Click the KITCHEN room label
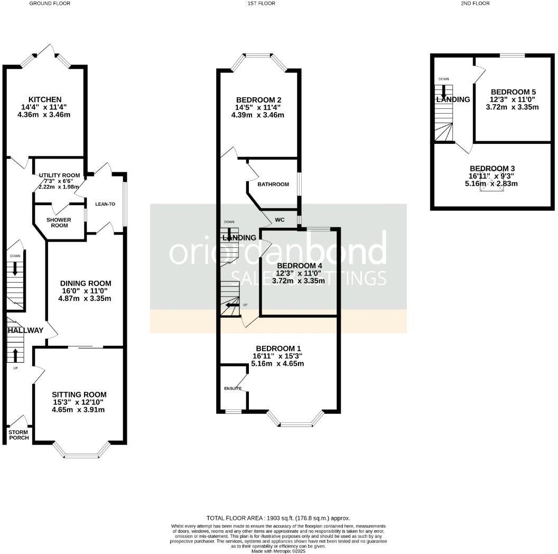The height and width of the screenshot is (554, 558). pos(45,99)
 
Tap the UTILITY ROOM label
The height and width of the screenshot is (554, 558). pos(59,176)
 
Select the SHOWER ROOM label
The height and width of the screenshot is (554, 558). pos(60,222)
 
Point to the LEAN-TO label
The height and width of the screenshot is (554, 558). pos(105,204)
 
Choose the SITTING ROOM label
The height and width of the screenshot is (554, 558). pos(79,394)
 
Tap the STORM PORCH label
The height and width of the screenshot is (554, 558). pos(18,435)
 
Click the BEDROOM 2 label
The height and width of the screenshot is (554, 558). pos(258,100)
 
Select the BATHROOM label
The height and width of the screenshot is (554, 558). pos(273,184)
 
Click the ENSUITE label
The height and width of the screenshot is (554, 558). pos(232,389)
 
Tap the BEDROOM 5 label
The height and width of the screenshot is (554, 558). pos(512,91)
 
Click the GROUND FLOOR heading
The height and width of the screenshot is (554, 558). pos(50,3)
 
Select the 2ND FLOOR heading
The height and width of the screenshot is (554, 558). pos(475,3)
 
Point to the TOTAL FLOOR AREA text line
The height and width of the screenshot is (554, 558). pos(278,518)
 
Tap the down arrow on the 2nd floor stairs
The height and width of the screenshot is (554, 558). pos(443,90)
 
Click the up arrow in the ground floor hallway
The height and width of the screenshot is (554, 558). pos(15,355)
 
